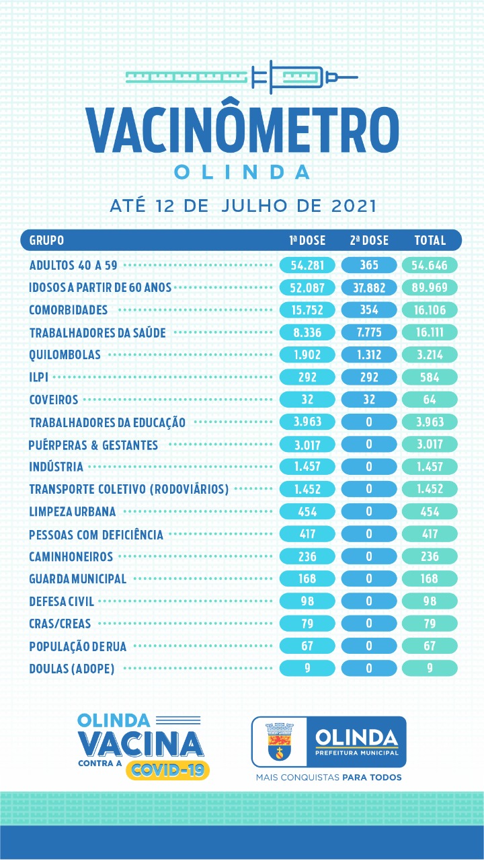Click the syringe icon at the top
coord(242,77)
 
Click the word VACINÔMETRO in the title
coord(243,130)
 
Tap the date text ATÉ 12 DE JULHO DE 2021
coord(243,206)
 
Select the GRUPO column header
coord(46,240)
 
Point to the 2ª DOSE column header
coord(369,240)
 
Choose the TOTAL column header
coord(430,240)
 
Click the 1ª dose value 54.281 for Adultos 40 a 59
coord(307,265)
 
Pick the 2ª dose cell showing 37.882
coord(369,287)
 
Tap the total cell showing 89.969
coord(430,287)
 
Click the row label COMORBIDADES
coord(69,310)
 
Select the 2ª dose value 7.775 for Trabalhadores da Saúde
coord(369,332)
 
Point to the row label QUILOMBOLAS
coord(65,354)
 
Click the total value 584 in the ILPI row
coord(430,377)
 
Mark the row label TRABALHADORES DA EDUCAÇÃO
coord(107,422)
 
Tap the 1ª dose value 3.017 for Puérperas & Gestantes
coord(307,445)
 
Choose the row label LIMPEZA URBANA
coord(72,512)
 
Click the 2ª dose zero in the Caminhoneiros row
coord(369,556)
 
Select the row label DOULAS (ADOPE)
coord(72,669)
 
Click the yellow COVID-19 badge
coord(168,770)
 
